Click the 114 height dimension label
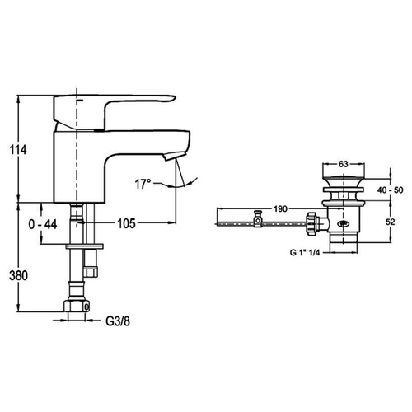click(18, 150)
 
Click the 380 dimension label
click(18, 275)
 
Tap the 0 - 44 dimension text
click(43, 224)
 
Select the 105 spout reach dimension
click(127, 223)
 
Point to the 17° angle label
click(143, 184)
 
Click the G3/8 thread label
click(118, 321)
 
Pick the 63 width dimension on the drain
click(344, 164)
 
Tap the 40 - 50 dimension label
click(390, 190)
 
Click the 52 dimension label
click(390, 222)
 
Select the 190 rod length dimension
click(280, 209)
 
